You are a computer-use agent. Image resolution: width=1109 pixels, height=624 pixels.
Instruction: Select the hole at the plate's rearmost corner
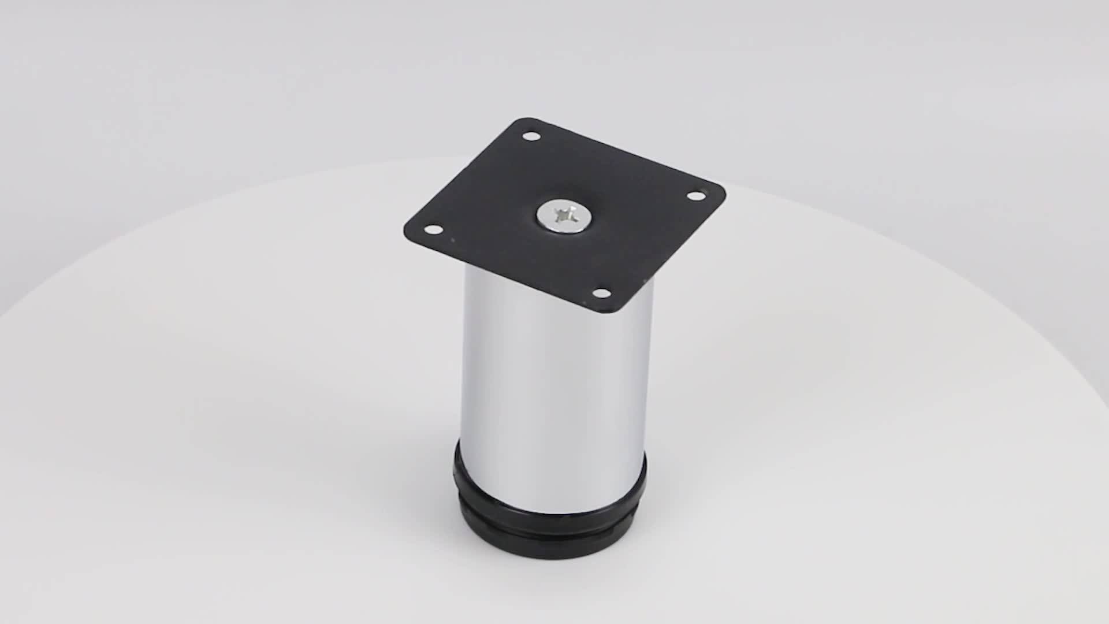coord(530,137)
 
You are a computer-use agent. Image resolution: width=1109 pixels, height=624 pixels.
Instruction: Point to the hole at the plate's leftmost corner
coord(430,230)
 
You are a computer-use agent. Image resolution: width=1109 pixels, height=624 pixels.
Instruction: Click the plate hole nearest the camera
coord(601,294)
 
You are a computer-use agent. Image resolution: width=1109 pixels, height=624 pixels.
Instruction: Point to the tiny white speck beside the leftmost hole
coord(453,240)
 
